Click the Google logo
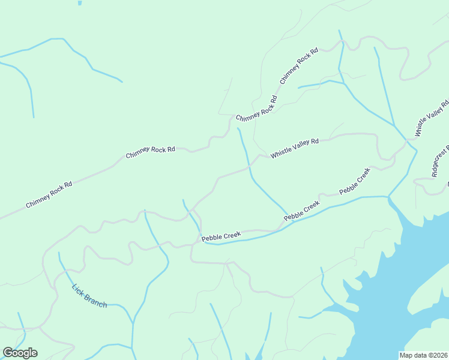click(x=20, y=353)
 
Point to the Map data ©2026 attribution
click(x=423, y=355)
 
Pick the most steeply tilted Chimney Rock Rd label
click(x=298, y=65)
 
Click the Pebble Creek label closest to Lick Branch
click(x=220, y=238)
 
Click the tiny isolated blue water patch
click(x=79, y=2)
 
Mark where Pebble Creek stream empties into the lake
click(x=388, y=197)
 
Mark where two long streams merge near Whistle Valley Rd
click(x=394, y=125)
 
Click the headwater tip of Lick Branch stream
click(x=58, y=253)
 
